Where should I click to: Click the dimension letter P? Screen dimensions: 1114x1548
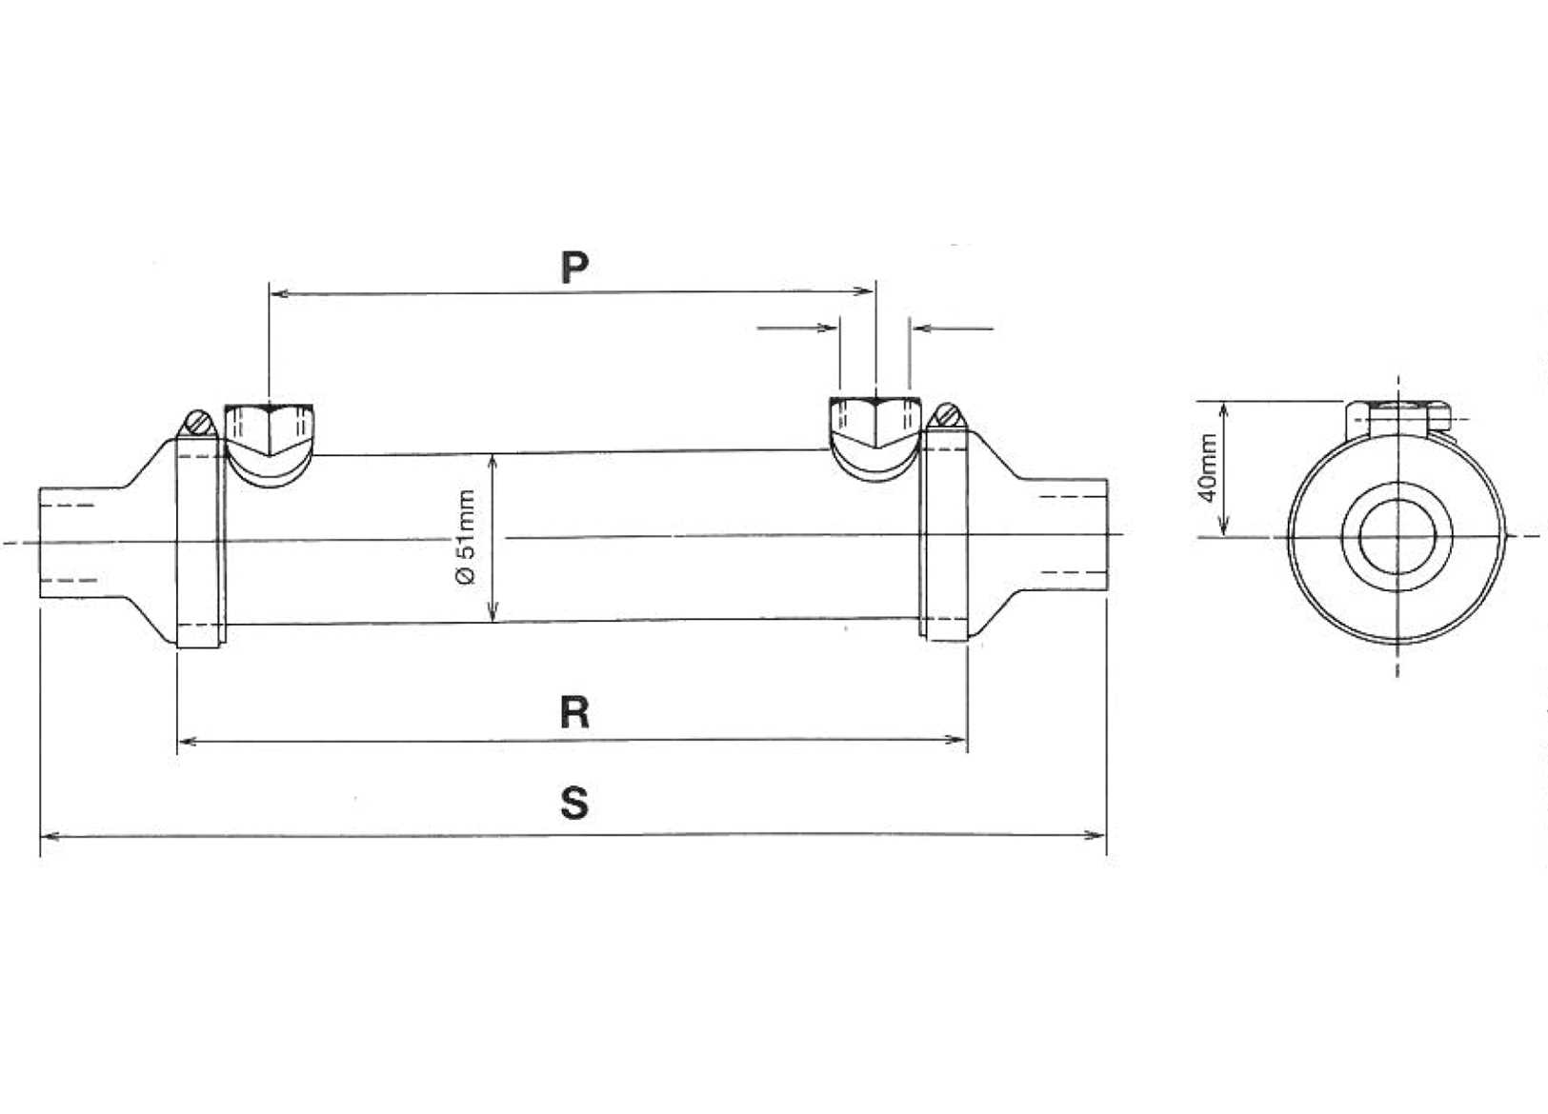574,268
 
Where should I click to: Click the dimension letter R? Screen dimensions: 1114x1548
574,712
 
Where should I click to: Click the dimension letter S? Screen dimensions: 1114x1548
574,803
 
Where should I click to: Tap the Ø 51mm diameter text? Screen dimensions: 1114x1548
466,539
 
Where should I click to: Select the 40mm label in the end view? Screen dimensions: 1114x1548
1208,467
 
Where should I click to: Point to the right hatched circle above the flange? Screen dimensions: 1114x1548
946,416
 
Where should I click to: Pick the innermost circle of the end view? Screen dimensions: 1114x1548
1397,538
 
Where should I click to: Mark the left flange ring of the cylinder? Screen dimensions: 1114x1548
200,543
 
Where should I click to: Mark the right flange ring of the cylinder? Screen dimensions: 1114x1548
944,535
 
